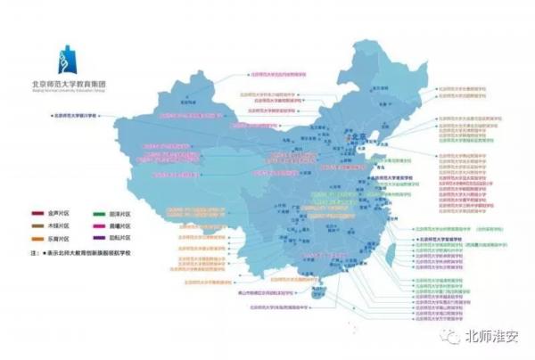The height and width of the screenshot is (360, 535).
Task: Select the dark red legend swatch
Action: point(39,215)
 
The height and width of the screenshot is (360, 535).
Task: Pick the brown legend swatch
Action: point(39,227)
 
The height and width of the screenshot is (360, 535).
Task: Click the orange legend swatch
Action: point(39,240)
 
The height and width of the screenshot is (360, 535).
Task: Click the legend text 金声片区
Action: point(60,215)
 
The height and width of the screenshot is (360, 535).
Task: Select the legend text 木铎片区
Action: point(60,227)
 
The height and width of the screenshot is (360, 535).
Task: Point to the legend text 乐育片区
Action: point(60,240)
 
